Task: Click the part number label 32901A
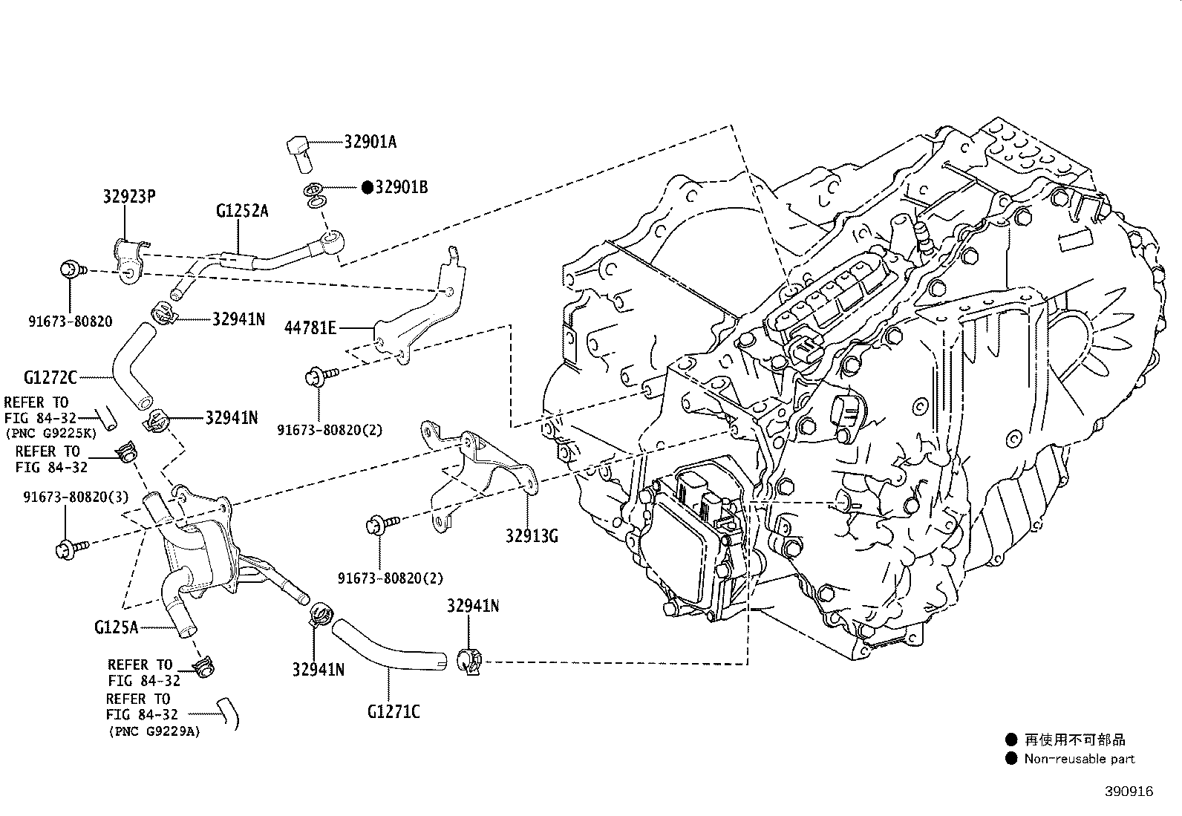(370, 142)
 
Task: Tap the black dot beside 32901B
(368, 187)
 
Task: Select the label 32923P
(129, 196)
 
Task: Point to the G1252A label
(242, 211)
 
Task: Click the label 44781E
(310, 328)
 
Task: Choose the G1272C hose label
(50, 377)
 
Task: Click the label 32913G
(532, 536)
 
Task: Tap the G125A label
(116, 627)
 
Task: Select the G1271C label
(394, 712)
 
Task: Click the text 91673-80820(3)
(76, 497)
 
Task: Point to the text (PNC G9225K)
(51, 434)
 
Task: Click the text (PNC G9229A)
(154, 732)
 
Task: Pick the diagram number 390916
(1129, 791)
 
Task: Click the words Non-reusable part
(1080, 759)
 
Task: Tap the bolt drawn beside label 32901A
(299, 154)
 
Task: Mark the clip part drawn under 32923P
(129, 261)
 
